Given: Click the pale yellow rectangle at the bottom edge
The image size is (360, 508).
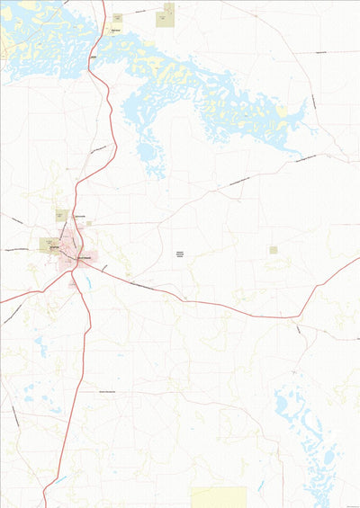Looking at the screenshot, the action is [219, 497].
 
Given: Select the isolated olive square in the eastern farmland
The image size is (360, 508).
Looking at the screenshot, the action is [274, 250].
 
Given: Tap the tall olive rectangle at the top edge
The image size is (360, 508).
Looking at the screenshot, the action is [166, 14].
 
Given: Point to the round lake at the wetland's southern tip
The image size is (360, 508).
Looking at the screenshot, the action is [146, 152].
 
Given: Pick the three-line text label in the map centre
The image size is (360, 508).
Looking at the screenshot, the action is [179, 255].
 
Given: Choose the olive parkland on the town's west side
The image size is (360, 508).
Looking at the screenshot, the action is [48, 244].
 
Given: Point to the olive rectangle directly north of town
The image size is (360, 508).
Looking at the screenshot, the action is [62, 216].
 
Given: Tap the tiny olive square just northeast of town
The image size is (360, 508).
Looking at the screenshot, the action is [88, 223].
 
